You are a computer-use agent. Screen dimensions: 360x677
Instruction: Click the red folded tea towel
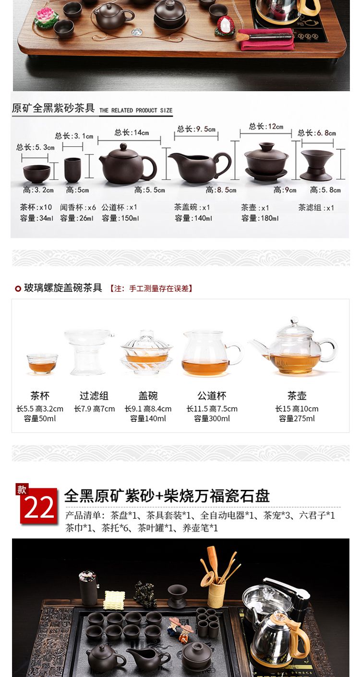click(x=267, y=39)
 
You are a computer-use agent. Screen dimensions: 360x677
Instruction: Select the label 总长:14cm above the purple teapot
click(x=132, y=132)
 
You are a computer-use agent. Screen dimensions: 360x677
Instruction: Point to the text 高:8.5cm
click(x=221, y=190)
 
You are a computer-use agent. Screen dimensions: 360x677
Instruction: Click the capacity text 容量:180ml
click(x=260, y=218)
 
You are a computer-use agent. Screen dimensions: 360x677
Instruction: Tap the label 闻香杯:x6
click(x=78, y=207)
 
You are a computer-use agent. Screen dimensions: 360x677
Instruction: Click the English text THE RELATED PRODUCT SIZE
click(x=136, y=110)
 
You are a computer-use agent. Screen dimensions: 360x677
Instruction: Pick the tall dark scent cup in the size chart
click(x=72, y=170)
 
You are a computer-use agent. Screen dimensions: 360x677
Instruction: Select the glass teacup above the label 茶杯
click(x=42, y=364)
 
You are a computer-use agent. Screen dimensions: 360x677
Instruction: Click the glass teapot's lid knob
click(x=294, y=320)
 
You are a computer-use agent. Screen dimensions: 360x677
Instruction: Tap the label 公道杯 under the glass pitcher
click(x=212, y=396)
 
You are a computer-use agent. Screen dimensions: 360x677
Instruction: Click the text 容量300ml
click(x=212, y=418)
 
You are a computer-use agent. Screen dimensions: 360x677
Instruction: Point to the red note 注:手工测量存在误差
click(x=151, y=289)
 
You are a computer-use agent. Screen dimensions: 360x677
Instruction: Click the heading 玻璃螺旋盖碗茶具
click(x=63, y=288)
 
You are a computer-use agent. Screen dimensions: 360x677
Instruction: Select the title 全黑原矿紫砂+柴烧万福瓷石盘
click(x=167, y=496)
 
